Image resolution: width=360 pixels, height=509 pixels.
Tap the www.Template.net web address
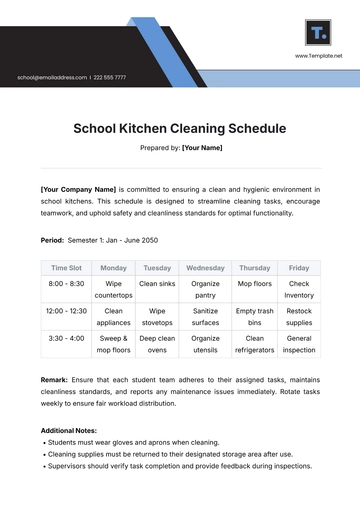pyautogui.click(x=319, y=57)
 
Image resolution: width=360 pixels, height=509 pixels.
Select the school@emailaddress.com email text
pyautogui.click(x=51, y=77)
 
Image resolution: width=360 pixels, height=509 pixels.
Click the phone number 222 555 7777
pyautogui.click(x=109, y=77)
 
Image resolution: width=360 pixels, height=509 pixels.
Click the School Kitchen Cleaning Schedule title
pyautogui.click(x=180, y=129)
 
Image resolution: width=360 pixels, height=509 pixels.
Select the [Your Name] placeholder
pyautogui.click(x=202, y=148)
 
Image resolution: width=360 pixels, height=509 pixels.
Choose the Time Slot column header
pyautogui.click(x=66, y=268)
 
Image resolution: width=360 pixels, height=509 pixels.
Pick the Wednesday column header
pyautogui.click(x=206, y=268)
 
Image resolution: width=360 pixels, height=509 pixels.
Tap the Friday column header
pyautogui.click(x=299, y=268)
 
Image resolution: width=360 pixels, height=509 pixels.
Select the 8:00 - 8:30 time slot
pyautogui.click(x=66, y=284)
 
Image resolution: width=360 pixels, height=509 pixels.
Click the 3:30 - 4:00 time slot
pyautogui.click(x=66, y=339)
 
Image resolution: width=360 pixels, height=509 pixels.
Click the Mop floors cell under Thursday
pyautogui.click(x=254, y=284)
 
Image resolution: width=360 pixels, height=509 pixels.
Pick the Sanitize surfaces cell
pyautogui.click(x=206, y=317)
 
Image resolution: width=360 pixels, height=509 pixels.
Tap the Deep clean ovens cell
pyautogui.click(x=157, y=345)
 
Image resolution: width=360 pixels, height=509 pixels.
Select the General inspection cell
pyautogui.click(x=299, y=345)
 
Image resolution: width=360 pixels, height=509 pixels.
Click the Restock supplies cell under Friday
pyautogui.click(x=299, y=317)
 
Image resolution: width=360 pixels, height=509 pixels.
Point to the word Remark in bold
pyautogui.click(x=55, y=380)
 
